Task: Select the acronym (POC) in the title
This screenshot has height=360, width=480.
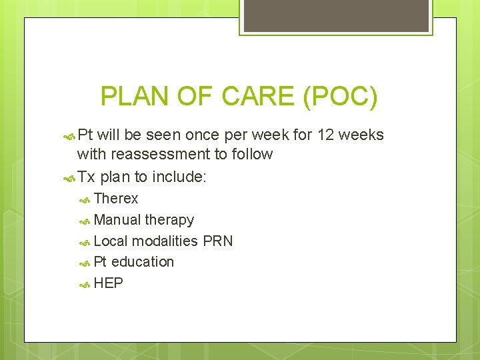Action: click(x=340, y=97)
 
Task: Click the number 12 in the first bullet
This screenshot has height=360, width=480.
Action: click(x=326, y=135)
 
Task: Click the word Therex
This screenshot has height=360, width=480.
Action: click(x=116, y=198)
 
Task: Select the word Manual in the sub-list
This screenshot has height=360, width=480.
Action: click(x=117, y=219)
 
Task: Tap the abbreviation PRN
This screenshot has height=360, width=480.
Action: click(x=217, y=241)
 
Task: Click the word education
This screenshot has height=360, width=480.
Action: click(x=143, y=261)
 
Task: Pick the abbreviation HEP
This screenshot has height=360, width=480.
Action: click(x=109, y=283)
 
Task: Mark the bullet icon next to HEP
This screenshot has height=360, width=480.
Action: click(x=85, y=284)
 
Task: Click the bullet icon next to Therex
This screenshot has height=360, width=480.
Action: click(x=85, y=199)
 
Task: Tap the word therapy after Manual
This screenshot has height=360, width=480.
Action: click(x=169, y=219)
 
